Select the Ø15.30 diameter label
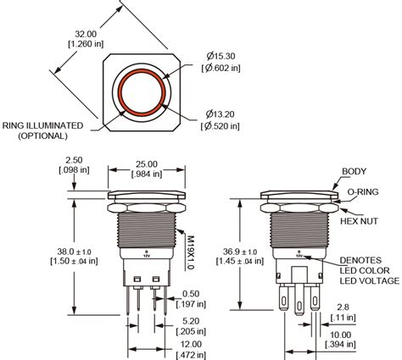coord(219,55)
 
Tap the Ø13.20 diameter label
coord(219,114)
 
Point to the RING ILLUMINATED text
coord(43,125)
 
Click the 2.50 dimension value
coord(75,159)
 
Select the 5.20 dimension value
coord(191,322)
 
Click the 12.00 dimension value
coord(191,345)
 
